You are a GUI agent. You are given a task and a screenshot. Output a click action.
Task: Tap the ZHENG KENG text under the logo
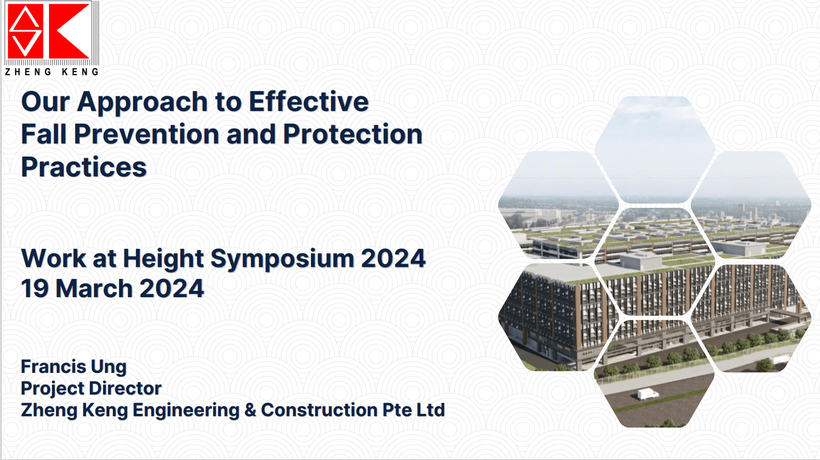[x=52, y=72]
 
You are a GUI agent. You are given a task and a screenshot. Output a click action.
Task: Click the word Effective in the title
[x=309, y=101]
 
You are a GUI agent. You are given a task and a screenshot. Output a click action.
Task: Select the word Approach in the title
[x=142, y=103]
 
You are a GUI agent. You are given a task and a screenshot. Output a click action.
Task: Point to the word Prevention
[x=146, y=134]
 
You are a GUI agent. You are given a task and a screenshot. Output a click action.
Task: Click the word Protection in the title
[x=352, y=134]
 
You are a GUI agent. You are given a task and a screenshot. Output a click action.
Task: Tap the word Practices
[x=84, y=167]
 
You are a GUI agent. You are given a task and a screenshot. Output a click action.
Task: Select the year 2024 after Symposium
[x=393, y=258]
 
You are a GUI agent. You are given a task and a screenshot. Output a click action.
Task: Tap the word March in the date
[x=94, y=289]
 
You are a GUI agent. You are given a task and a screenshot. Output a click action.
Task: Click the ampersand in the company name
[x=250, y=410]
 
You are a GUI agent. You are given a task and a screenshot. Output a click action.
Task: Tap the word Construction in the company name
[x=319, y=410]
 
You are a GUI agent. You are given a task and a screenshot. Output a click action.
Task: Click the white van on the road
[x=648, y=394]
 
